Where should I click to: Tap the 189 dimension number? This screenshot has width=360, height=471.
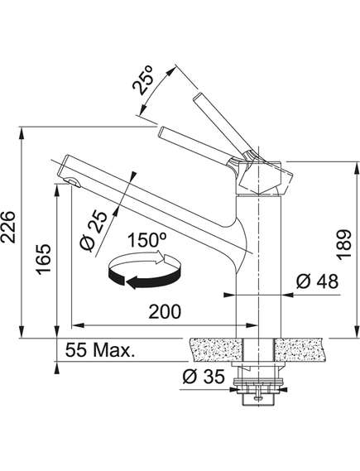pyautogui.click(x=344, y=244)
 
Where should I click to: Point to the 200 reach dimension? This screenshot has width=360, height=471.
pyautogui.click(x=165, y=311)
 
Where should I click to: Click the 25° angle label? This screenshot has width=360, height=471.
pyautogui.click(x=143, y=79)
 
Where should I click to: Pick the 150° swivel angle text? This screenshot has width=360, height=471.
pyautogui.click(x=147, y=240)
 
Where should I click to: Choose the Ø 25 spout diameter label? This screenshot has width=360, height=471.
pyautogui.click(x=94, y=231)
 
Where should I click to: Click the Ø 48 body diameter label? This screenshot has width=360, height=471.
pyautogui.click(x=317, y=281)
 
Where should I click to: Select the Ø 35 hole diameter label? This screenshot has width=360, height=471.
pyautogui.click(x=204, y=377)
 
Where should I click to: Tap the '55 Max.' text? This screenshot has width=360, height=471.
pyautogui.click(x=99, y=350)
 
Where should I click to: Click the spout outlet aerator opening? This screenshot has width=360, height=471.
pyautogui.click(x=74, y=182)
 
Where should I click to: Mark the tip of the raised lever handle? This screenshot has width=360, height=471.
pyautogui.click(x=198, y=96)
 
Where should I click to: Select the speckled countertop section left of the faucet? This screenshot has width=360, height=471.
pyautogui.click(x=215, y=349)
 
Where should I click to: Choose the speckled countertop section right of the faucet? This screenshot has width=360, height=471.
pyautogui.click(x=300, y=349)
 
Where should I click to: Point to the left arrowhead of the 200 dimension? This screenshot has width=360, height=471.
pyautogui.click(x=78, y=325)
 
